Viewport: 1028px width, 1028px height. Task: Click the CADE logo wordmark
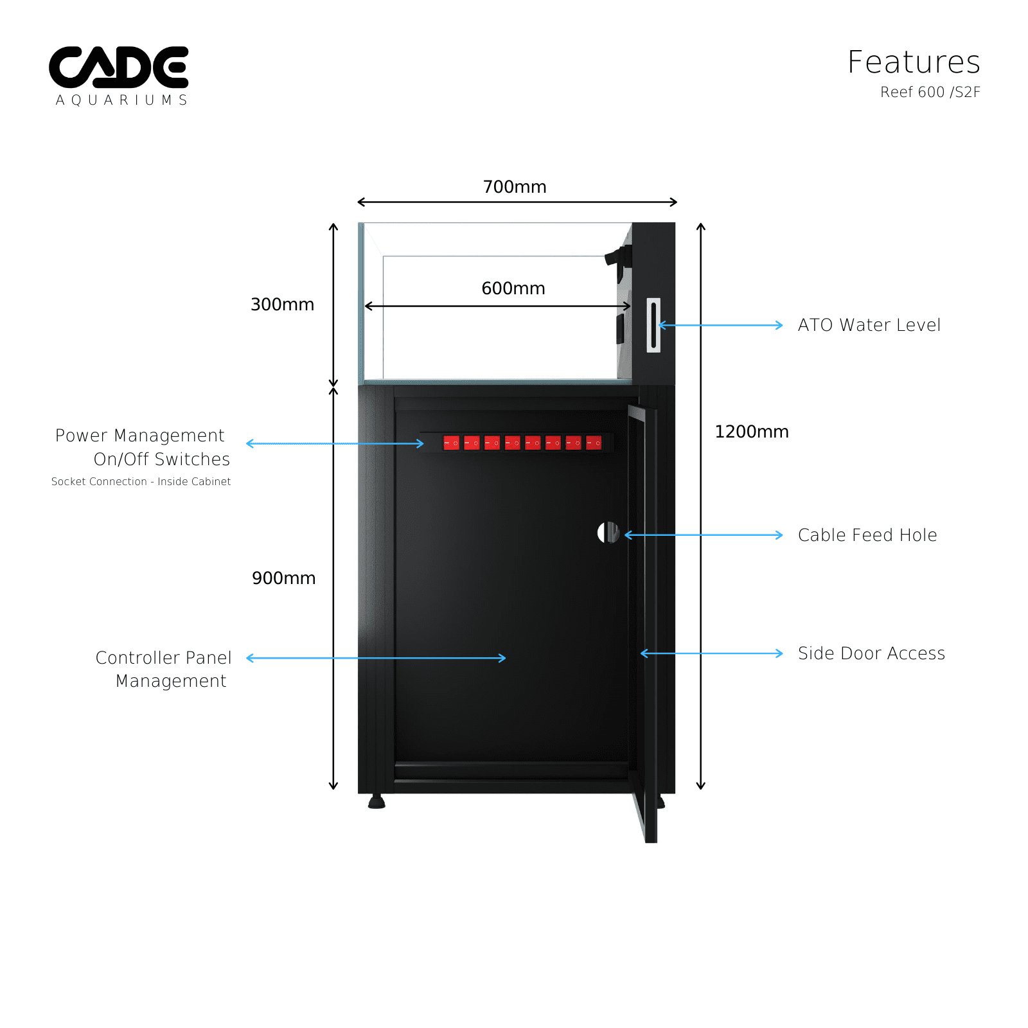[119, 67]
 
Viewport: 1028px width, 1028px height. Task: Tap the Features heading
[914, 62]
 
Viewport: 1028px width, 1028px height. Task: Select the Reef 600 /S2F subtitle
[930, 93]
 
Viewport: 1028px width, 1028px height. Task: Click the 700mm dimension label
[515, 187]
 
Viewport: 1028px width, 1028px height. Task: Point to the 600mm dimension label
[513, 288]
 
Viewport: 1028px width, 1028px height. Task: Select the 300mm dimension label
[282, 305]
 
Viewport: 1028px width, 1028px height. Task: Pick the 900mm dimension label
[283, 578]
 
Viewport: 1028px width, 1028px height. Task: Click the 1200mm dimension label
[752, 432]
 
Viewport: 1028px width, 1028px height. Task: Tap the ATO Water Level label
[869, 325]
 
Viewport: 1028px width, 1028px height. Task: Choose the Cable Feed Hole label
[867, 535]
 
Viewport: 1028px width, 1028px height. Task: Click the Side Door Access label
[871, 653]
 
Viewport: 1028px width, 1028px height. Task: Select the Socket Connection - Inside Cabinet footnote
[141, 482]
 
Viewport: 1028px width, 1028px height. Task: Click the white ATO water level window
[653, 325]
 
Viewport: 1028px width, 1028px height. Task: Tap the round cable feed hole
[608, 532]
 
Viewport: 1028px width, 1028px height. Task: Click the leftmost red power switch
[452, 443]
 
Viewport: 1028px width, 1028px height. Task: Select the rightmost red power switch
[594, 443]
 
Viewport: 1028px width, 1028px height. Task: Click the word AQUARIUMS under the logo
[121, 100]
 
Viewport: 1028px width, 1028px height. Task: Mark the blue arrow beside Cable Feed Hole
[704, 535]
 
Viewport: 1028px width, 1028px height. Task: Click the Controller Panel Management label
[164, 669]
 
